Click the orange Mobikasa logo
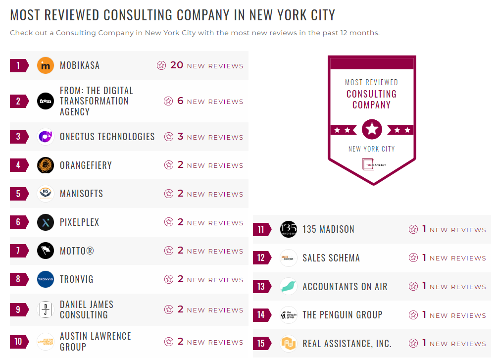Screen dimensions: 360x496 [46, 65]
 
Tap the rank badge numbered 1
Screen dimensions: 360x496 [19, 65]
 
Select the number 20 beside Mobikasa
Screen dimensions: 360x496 [177, 65]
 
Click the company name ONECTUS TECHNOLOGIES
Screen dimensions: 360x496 [107, 137]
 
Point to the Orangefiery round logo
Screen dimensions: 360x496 [46, 165]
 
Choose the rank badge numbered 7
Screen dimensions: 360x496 [19, 251]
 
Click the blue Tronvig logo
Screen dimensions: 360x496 [46, 279]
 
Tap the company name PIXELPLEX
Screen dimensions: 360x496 [80, 222]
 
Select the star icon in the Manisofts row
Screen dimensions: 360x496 [169, 194]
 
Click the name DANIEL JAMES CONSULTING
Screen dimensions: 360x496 [87, 309]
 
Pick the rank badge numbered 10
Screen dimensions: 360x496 [19, 342]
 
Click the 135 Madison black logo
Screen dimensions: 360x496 [288, 229]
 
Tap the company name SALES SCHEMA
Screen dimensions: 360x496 [331, 258]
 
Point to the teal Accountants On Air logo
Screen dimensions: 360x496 [288, 286]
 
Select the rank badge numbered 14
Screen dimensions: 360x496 [261, 315]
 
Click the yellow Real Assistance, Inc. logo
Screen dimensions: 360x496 [288, 343]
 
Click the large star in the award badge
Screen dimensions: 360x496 [372, 130]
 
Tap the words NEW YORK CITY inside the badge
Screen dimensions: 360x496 [372, 149]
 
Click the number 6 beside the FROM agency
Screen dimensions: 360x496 [180, 101]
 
